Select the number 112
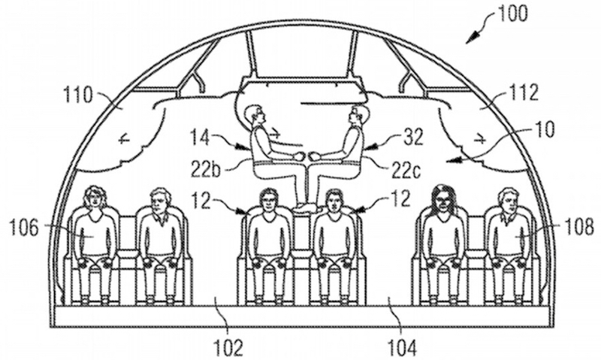click(524, 92)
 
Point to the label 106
click(24, 228)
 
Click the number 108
click(578, 228)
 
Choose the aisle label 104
click(401, 348)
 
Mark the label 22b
click(206, 170)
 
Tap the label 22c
click(406, 170)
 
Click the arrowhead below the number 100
click(474, 38)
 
